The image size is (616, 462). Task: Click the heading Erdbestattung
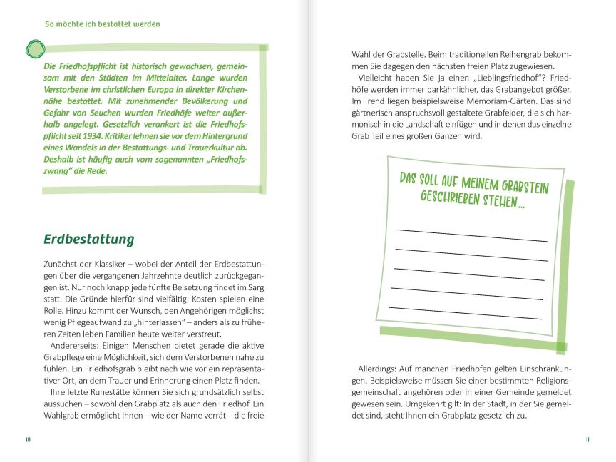88,239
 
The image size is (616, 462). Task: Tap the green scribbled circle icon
34,48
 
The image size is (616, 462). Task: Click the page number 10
28,439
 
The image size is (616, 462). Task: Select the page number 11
587,439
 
